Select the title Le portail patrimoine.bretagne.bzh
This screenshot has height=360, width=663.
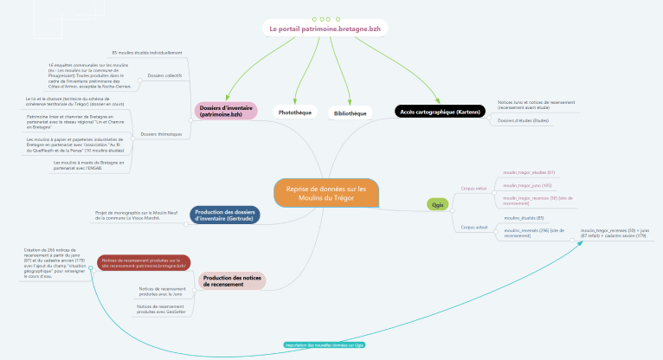325,29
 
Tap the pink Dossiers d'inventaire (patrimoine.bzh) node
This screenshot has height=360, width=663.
227,110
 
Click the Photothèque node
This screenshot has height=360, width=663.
293,112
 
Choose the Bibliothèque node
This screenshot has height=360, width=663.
351,113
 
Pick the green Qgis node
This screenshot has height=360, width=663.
438,204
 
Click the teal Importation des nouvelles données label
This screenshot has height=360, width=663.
325,344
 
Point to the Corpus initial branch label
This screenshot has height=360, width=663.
474,186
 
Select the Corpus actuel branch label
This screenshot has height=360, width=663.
474,226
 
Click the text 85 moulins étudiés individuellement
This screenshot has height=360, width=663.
147,54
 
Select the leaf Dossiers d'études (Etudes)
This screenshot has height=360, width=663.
525,120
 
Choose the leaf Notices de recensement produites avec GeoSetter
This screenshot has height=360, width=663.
161,308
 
